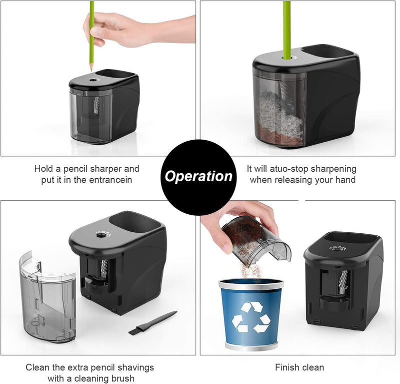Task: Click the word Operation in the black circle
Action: [x=198, y=176]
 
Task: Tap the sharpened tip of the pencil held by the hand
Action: [x=91, y=70]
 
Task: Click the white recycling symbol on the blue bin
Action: [x=251, y=317]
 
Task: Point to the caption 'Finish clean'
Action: [x=299, y=367]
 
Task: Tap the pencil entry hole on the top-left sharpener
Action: [x=92, y=80]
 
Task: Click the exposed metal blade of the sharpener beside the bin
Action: [x=342, y=282]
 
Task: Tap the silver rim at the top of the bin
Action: [x=251, y=283]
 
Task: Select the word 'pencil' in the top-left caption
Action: [x=76, y=169]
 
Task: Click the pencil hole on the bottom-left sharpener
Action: [x=100, y=235]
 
